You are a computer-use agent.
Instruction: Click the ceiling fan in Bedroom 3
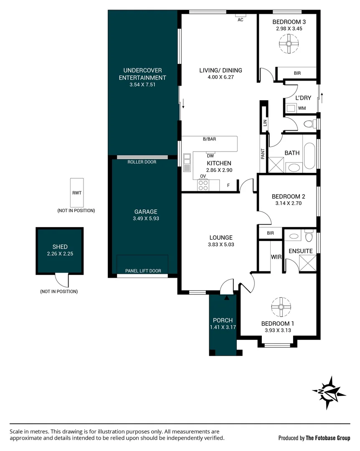click(x=289, y=44)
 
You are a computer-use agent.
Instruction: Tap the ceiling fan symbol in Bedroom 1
click(x=281, y=307)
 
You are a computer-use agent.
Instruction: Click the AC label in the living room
click(x=241, y=20)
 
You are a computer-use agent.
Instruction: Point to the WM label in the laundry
click(x=302, y=108)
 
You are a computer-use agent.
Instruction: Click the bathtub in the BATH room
click(x=309, y=156)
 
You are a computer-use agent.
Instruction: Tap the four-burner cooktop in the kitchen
click(x=203, y=185)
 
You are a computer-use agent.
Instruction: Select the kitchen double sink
click(x=187, y=162)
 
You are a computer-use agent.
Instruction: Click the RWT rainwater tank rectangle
click(x=77, y=193)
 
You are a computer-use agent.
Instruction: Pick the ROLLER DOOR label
click(x=142, y=162)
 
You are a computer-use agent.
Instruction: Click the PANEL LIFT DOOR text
click(x=143, y=271)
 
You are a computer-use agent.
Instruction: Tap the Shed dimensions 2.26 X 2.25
click(x=60, y=254)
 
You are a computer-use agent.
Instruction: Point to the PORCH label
click(x=223, y=320)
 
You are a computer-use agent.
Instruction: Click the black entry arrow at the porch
click(x=227, y=298)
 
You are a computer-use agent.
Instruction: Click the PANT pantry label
click(x=262, y=154)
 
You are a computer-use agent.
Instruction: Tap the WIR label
click(x=276, y=257)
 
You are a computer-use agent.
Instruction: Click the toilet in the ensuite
click(x=309, y=235)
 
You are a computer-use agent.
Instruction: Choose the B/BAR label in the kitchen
click(x=209, y=139)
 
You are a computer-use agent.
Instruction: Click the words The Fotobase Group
click(x=328, y=438)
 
